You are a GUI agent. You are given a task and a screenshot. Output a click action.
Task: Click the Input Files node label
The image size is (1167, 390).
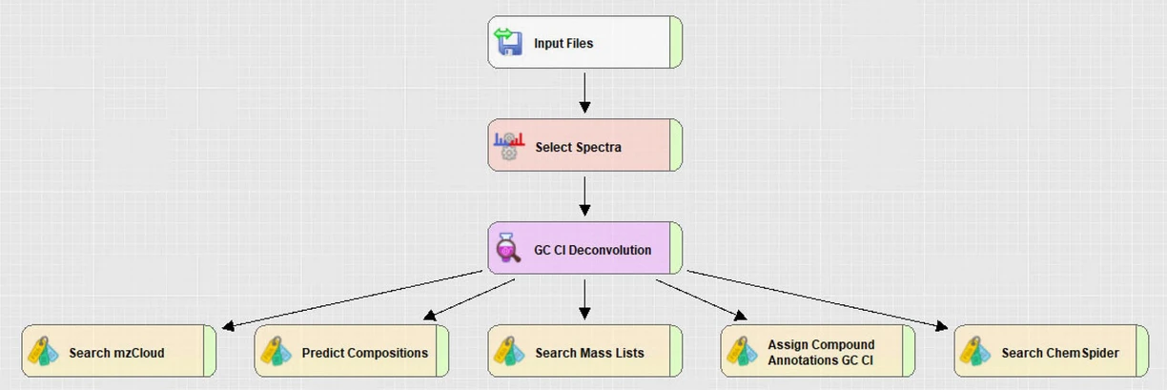click(563, 43)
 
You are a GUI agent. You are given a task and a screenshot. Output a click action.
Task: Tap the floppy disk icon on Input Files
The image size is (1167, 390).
click(508, 42)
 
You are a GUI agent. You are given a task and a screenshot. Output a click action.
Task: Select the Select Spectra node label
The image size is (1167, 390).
click(578, 147)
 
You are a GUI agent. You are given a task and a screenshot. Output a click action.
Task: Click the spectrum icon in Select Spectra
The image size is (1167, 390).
click(508, 145)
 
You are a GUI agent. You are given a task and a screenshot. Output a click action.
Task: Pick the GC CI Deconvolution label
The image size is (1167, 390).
click(592, 250)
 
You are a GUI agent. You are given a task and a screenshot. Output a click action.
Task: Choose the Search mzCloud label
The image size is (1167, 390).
click(116, 353)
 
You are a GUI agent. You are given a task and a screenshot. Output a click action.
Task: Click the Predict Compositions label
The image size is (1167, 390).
click(364, 353)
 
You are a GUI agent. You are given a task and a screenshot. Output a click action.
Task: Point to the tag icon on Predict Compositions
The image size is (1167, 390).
click(276, 352)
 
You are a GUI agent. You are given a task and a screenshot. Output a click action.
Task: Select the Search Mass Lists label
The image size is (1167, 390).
click(589, 353)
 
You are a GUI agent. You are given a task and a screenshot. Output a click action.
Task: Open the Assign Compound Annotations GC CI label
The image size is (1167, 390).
click(821, 352)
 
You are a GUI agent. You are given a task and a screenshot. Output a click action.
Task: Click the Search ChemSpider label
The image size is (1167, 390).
click(1059, 353)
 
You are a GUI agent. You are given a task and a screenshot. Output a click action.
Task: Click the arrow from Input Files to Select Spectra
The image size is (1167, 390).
click(584, 92)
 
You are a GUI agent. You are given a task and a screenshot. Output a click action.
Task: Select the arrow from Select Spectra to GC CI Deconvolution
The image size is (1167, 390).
click(584, 195)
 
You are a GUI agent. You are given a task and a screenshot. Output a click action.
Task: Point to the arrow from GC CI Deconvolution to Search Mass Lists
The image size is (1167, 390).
click(584, 298)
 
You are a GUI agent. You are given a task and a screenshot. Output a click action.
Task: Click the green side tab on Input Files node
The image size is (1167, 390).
click(675, 42)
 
